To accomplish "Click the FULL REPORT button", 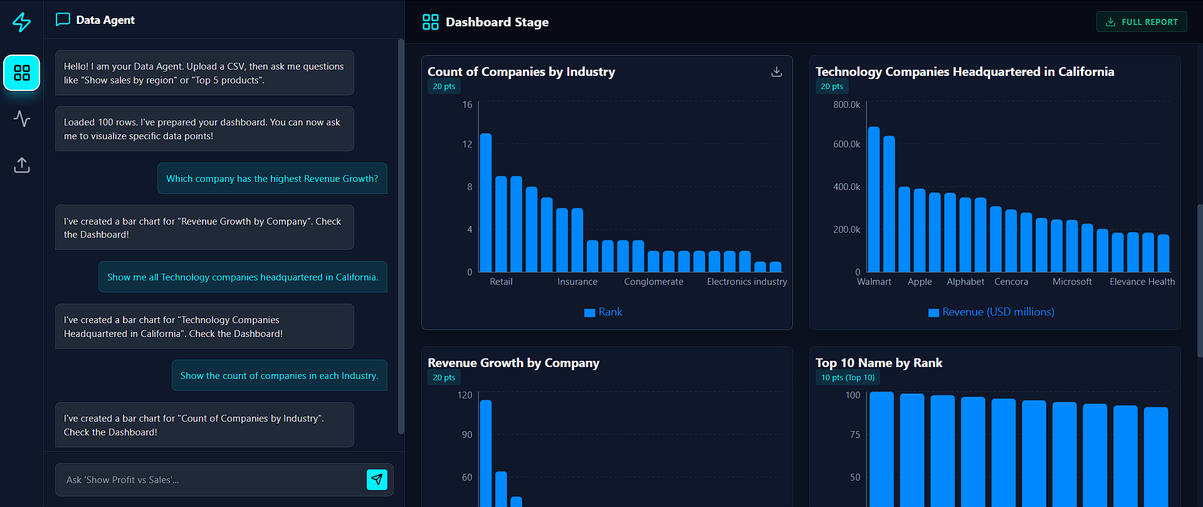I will pyautogui.click(x=1142, y=22).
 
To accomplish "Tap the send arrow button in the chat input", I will pyautogui.click(x=377, y=479).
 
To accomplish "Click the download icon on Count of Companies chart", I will pyautogui.click(x=776, y=72).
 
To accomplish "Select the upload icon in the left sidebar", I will pyautogui.click(x=22, y=165).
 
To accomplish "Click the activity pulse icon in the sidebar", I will pyautogui.click(x=22, y=119).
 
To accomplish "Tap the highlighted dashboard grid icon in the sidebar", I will pyautogui.click(x=22, y=73).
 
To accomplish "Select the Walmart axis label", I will pyautogui.click(x=874, y=282).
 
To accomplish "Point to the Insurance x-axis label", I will pyautogui.click(x=577, y=282).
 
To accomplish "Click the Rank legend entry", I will pyautogui.click(x=604, y=312).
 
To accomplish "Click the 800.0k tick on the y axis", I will pyautogui.click(x=846, y=105).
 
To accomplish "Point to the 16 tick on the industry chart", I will pyautogui.click(x=467, y=105).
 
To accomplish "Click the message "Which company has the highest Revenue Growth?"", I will pyautogui.click(x=272, y=179).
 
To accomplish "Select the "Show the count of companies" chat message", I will pyautogui.click(x=279, y=376).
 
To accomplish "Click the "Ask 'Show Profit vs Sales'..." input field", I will pyautogui.click(x=210, y=480).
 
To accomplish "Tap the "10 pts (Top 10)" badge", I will pyautogui.click(x=848, y=377).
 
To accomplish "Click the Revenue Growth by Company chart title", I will pyautogui.click(x=513, y=363).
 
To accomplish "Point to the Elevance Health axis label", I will pyautogui.click(x=1142, y=282).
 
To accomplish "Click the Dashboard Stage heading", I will pyautogui.click(x=496, y=22).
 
